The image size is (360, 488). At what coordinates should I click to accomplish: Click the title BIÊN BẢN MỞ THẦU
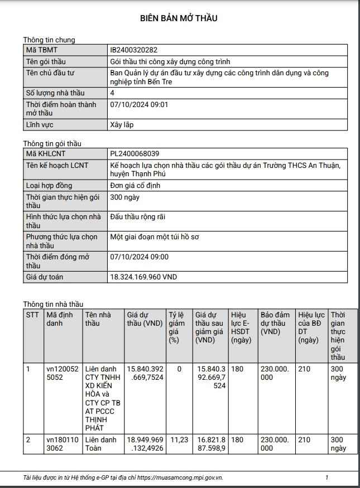click(179, 18)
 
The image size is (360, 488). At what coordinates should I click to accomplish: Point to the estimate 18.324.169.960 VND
click(144, 277)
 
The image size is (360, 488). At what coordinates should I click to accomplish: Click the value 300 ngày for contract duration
click(126, 197)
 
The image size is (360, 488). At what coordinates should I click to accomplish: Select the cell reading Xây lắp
click(122, 125)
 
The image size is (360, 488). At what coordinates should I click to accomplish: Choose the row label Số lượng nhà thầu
click(54, 93)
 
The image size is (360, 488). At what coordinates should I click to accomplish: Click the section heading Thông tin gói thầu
click(52, 143)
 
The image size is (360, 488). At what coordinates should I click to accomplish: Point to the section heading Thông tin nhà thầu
click(53, 304)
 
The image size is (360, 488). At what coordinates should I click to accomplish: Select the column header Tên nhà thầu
click(98, 318)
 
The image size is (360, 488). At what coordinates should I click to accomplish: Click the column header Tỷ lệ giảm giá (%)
click(176, 327)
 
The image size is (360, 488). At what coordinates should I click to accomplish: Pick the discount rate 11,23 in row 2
click(179, 440)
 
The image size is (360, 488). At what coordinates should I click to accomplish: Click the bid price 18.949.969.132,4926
click(145, 444)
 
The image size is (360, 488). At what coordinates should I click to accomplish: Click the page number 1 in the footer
click(327, 477)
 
